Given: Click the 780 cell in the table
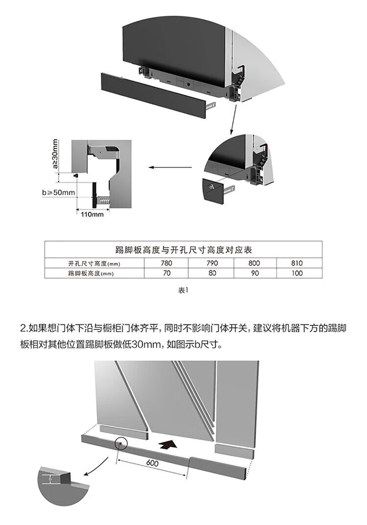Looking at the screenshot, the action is (x=167, y=263).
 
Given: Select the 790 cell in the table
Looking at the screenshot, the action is (x=212, y=263).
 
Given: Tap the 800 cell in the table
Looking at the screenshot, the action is (x=254, y=263).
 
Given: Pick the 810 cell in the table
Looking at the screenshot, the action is (x=297, y=263).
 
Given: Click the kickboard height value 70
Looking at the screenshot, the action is (x=167, y=274).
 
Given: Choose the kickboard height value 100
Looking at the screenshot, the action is (x=297, y=274).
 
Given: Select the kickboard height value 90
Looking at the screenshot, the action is (x=254, y=274).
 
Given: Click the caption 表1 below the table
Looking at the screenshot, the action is (x=183, y=290).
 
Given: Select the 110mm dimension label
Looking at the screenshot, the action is (x=92, y=214).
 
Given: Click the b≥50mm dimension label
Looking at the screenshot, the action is (x=59, y=192).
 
